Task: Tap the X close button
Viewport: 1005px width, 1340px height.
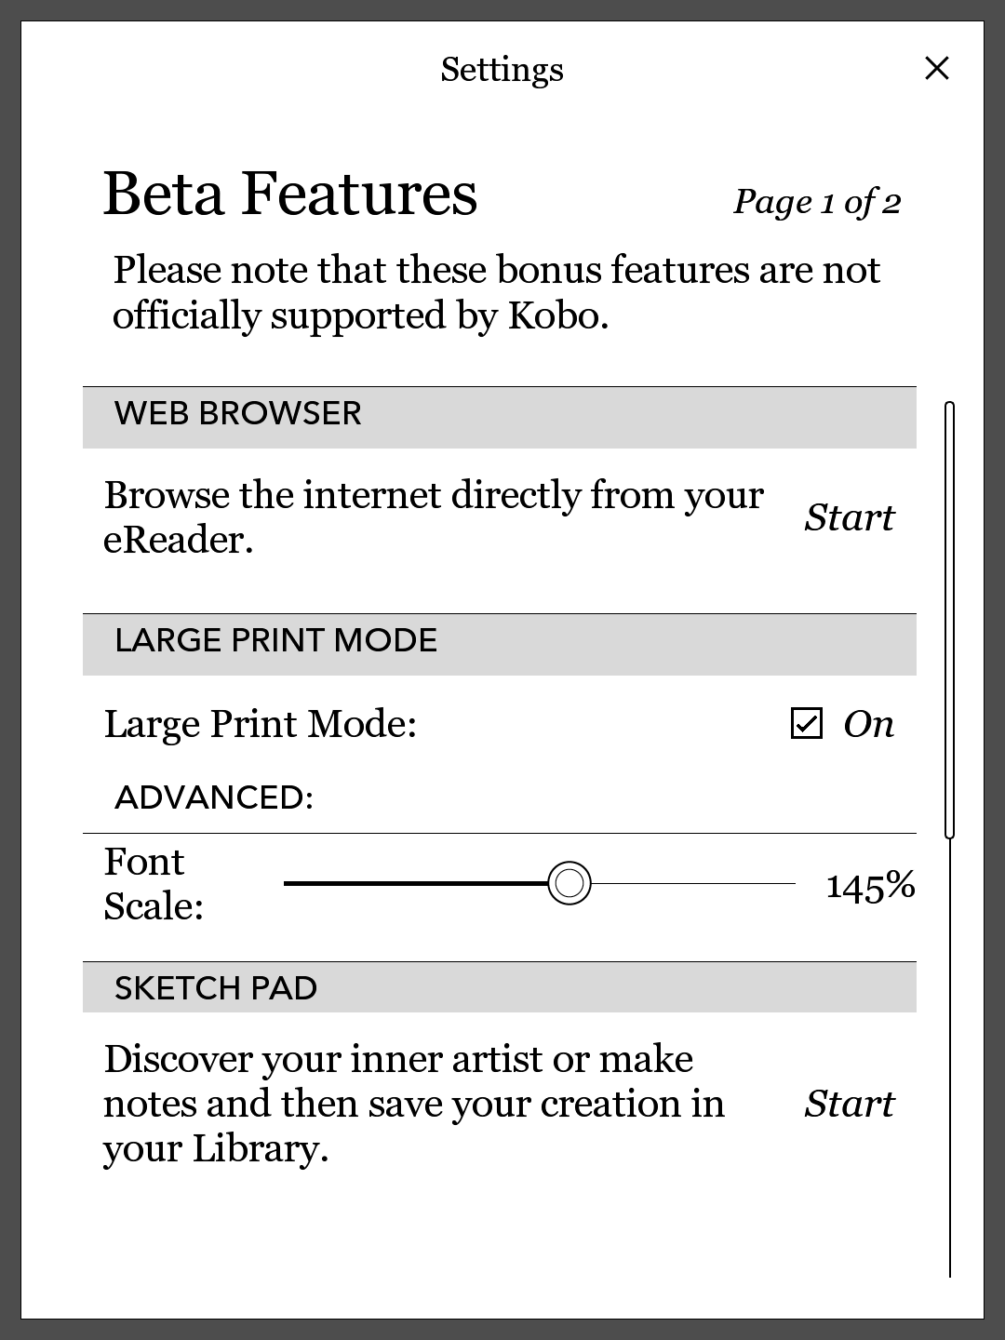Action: pos(937,68)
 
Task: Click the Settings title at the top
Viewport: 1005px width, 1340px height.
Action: pos(502,70)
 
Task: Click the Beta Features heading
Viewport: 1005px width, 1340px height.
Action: pos(289,194)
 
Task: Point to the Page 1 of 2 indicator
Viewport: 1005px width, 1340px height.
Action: pos(817,202)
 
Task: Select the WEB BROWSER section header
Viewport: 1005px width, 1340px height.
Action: pos(238,414)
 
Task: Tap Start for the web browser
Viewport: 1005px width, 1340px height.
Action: pos(849,517)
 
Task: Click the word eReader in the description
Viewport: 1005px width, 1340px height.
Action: pos(177,541)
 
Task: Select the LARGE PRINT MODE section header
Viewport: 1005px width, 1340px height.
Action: pos(275,641)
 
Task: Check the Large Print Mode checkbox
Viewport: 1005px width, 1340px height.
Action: pos(806,723)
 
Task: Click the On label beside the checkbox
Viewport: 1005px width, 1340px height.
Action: pos(868,724)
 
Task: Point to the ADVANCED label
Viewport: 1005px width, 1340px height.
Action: pos(214,797)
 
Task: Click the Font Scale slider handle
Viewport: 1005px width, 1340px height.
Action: pos(569,882)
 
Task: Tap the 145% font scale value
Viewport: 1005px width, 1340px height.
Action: pos(870,886)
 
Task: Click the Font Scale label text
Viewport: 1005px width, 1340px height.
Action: pos(153,884)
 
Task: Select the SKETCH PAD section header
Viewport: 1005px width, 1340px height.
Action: pos(216,988)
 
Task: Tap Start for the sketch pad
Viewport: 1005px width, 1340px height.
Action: pos(849,1104)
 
